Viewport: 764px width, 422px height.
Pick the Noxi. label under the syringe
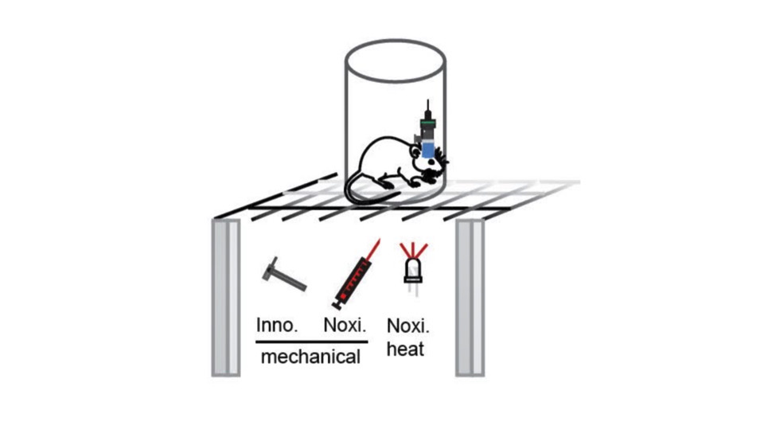(346, 326)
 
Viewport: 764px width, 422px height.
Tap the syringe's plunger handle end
(337, 304)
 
